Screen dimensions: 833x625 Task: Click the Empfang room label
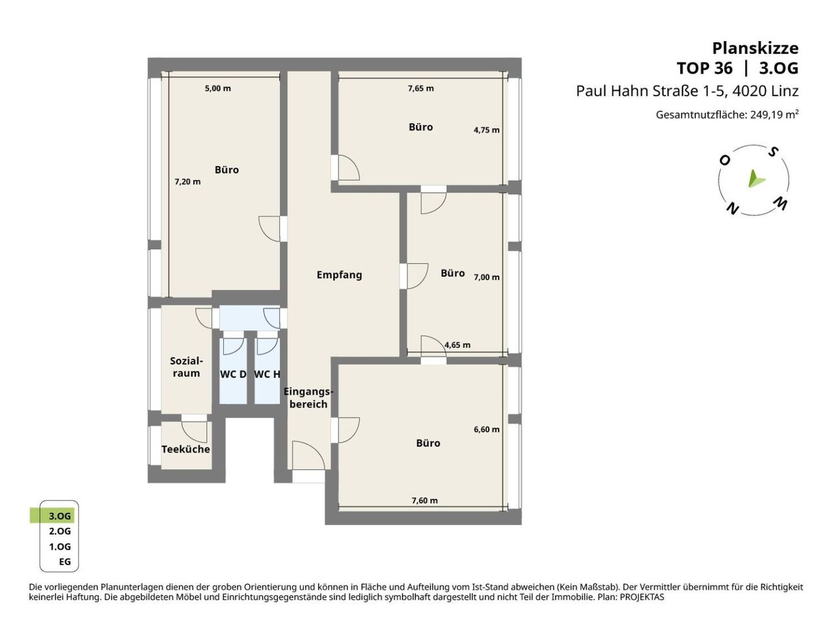[x=339, y=275]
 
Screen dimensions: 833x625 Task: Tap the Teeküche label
[x=185, y=449]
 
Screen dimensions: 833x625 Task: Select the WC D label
[x=233, y=374]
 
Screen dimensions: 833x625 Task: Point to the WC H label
[x=267, y=374]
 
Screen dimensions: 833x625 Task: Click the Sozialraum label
[x=186, y=367]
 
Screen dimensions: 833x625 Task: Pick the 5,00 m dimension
[x=218, y=89]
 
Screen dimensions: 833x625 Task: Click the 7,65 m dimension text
[x=421, y=89]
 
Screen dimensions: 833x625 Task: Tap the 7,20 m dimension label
[x=187, y=182]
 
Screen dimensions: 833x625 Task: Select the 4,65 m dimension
[x=457, y=345]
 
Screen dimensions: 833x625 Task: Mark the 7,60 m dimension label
[x=425, y=501]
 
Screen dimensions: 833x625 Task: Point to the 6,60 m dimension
[x=487, y=430]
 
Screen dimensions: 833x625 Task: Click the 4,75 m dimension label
[x=487, y=130]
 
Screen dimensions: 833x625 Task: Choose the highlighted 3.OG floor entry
[x=60, y=516]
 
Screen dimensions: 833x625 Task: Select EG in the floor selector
[x=65, y=562]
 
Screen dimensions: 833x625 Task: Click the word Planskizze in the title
[x=755, y=49]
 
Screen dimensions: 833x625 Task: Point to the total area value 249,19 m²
[x=774, y=115]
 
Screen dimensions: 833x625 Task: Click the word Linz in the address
[x=784, y=91]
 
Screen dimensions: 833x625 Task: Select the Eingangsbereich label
[x=308, y=398]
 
